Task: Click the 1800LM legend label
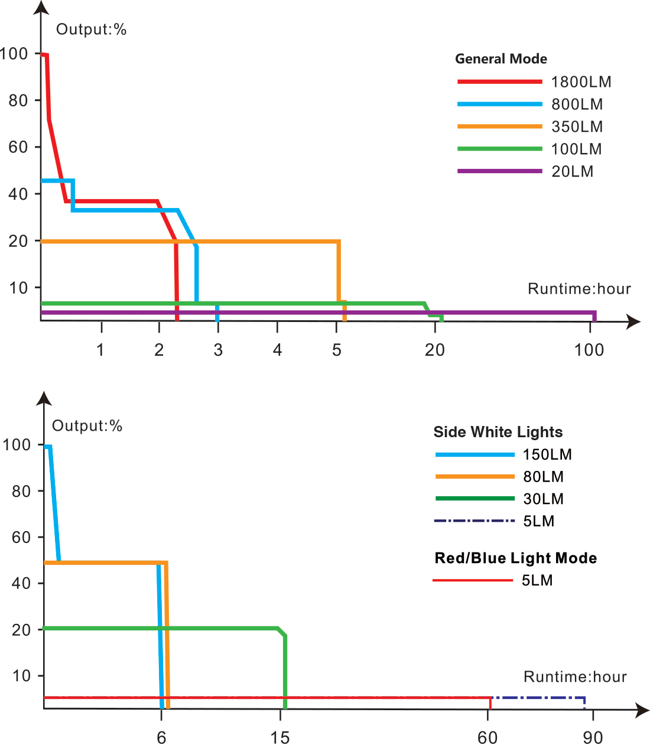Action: [x=581, y=82]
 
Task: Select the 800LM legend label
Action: [x=577, y=105]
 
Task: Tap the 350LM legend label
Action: [x=577, y=127]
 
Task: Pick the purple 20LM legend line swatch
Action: [x=499, y=171]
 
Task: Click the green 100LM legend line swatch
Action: [x=499, y=149]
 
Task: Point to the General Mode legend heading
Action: [x=500, y=59]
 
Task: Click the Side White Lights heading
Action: [x=498, y=432]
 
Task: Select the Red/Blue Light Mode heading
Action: [x=515, y=558]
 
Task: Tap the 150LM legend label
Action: [x=547, y=454]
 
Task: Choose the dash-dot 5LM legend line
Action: [x=474, y=521]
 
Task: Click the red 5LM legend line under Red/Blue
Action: [x=473, y=581]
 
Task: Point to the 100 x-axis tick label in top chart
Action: [x=589, y=350]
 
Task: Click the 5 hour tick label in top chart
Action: [x=337, y=350]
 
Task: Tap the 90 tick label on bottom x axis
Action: [x=593, y=737]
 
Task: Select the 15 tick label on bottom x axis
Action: [x=280, y=737]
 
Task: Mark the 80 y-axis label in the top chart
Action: [x=18, y=100]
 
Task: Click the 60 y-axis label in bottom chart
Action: [x=21, y=537]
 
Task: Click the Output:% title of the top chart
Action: [x=91, y=30]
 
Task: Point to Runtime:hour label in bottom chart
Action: [x=575, y=677]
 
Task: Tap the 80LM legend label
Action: [x=543, y=477]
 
